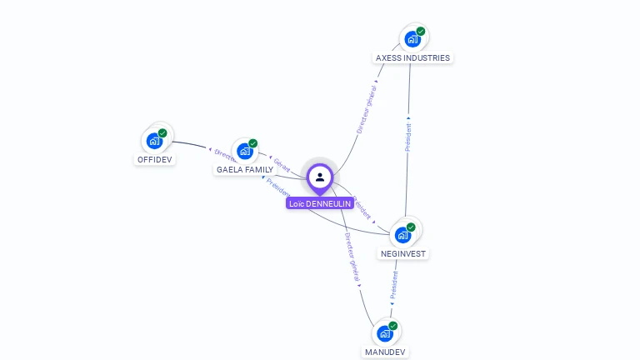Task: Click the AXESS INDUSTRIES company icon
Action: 412,39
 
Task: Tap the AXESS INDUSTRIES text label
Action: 412,58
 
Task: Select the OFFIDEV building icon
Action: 153,141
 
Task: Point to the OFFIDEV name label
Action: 155,159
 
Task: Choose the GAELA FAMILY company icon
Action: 244,151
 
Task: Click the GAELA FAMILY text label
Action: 245,169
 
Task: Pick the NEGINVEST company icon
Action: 402,235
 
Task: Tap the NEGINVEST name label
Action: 404,253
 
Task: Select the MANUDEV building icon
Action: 384,333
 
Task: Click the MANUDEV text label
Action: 385,352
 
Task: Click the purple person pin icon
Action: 320,177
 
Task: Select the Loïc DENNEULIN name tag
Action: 320,203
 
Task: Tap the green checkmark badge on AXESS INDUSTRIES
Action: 421,32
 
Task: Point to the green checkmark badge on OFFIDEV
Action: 162,133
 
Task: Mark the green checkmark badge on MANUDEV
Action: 393,326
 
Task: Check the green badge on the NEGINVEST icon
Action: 411,227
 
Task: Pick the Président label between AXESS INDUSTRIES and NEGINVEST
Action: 408,137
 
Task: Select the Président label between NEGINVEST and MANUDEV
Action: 394,284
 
